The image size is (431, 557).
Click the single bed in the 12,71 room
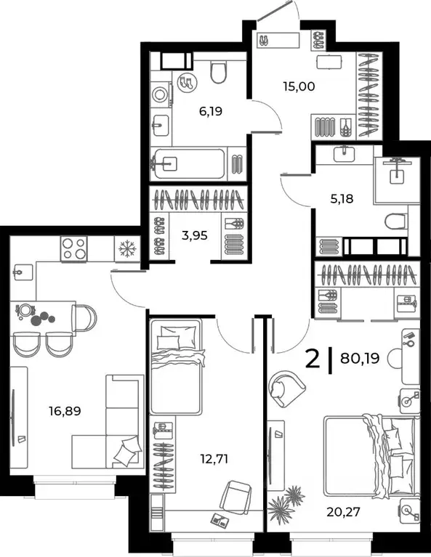175,367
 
